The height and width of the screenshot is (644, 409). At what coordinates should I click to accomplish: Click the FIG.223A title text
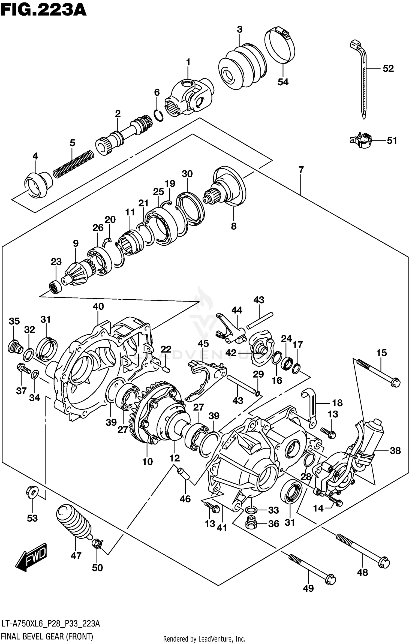coord(43,10)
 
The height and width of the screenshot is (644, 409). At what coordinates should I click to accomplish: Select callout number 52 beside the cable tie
coord(388,68)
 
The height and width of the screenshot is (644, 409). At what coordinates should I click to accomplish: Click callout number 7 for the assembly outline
coord(301,170)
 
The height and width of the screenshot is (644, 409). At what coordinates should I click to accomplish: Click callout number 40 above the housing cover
coord(98,306)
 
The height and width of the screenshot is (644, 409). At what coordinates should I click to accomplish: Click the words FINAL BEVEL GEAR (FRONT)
coord(47,636)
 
